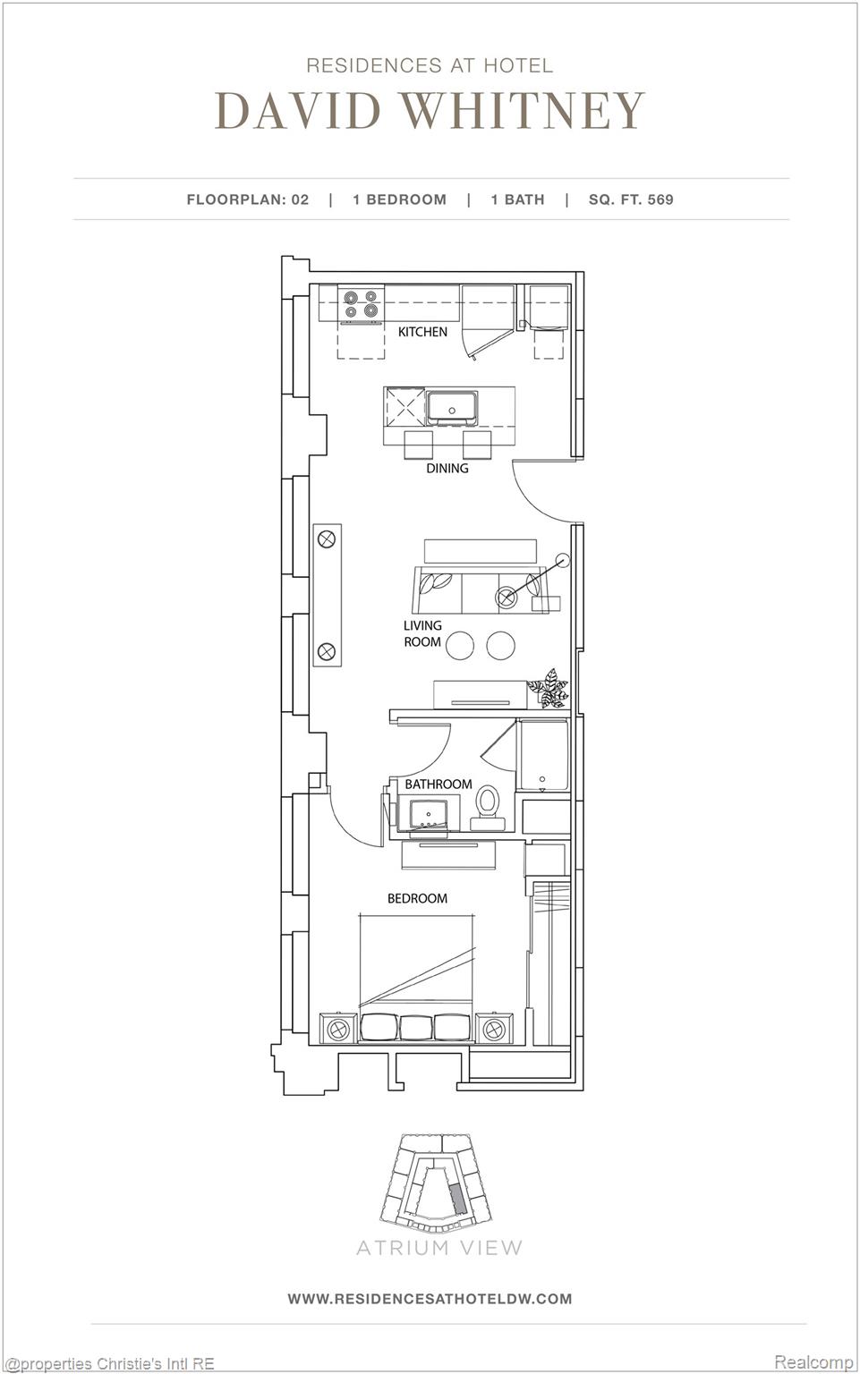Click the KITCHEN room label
coord(422,332)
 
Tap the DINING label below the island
coord(447,468)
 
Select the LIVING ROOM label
coord(421,633)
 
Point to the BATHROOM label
coord(438,784)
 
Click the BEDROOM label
coord(417,898)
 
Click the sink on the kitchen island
coord(453,408)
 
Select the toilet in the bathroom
coord(488,801)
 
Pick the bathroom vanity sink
coord(428,815)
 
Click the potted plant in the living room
coord(548,687)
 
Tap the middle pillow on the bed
coord(416,1027)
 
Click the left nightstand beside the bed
coord(339,1029)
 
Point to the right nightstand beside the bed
coord(494,1030)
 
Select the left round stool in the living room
coord(460,645)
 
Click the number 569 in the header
coord(660,199)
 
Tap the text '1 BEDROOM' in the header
coord(399,199)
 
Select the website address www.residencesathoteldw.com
coord(430,1298)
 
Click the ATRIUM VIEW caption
coord(439,1247)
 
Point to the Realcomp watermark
coord(813,1361)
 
